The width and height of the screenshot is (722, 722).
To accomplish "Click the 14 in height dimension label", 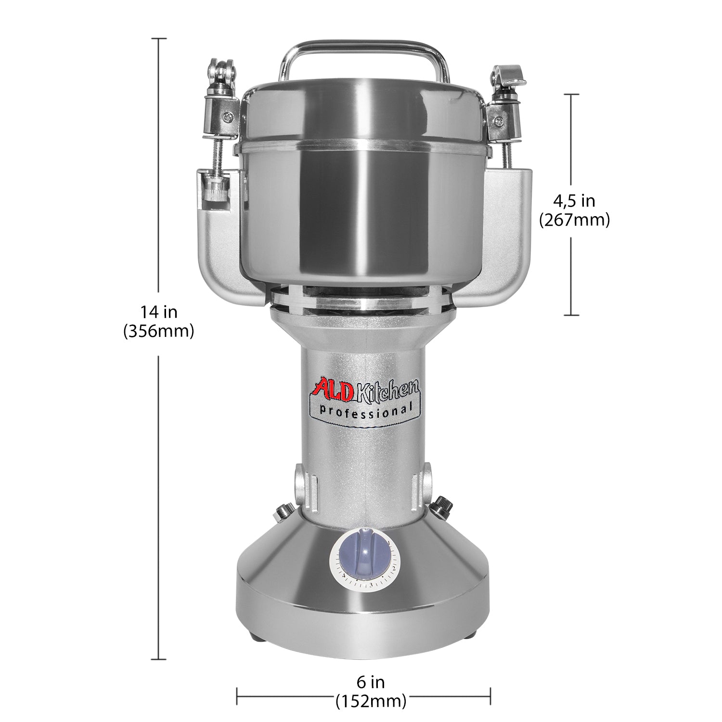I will (x=159, y=312).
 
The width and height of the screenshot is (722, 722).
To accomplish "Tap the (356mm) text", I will (x=159, y=331).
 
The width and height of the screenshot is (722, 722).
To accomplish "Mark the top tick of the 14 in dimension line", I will (x=159, y=39).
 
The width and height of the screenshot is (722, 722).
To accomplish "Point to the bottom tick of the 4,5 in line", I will (x=571, y=315).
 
